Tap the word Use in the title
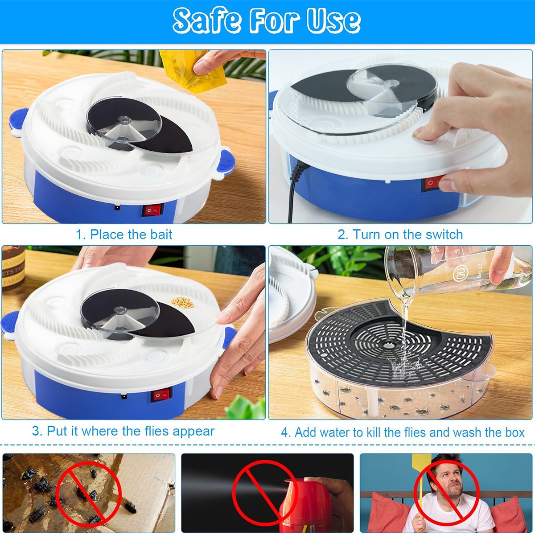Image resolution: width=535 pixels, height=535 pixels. point(333,21)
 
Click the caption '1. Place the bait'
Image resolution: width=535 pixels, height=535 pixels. point(124,235)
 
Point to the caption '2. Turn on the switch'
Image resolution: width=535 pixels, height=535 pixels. point(400,235)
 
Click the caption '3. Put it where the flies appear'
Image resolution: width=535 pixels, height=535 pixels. point(123,431)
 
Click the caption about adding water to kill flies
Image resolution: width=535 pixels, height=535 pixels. point(403,432)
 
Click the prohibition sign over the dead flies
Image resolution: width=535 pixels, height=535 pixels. point(89,493)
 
